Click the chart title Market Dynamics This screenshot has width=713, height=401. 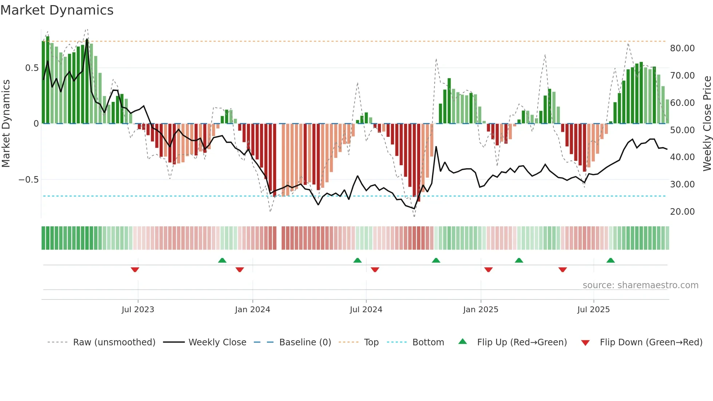[x=57, y=10]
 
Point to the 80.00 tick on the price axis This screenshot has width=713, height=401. [x=682, y=48]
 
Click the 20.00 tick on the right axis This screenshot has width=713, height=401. [x=682, y=212]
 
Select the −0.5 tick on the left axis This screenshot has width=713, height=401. [x=28, y=180]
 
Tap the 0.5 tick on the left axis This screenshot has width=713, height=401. [x=32, y=68]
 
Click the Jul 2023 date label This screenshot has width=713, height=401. [x=138, y=310]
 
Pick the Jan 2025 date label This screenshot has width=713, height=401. [x=481, y=310]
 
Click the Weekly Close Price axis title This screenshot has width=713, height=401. [x=707, y=123]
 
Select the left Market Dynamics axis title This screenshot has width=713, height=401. [x=6, y=123]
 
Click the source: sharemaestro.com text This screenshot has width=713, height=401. [x=640, y=285]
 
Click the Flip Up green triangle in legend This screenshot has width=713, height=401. [x=462, y=341]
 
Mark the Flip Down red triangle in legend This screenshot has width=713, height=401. [x=585, y=343]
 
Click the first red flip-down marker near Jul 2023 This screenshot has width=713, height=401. [x=135, y=270]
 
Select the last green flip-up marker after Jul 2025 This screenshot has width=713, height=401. [x=610, y=260]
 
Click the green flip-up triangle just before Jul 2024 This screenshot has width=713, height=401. [x=357, y=260]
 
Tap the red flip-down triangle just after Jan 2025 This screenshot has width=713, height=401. [x=488, y=270]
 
